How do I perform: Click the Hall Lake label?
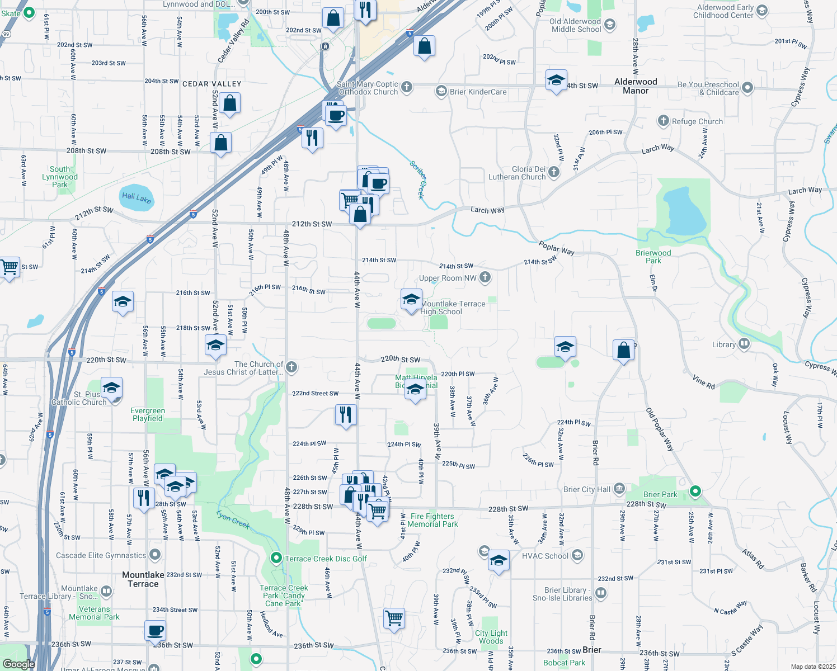[136, 198]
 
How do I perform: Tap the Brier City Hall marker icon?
[619, 489]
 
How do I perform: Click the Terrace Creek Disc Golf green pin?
[276, 558]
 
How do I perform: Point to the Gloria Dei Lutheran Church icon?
[554, 172]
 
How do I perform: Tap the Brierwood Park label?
[653, 257]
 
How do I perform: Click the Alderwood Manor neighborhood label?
[636, 86]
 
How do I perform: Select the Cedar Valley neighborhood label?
[211, 84]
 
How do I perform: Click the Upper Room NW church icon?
[485, 277]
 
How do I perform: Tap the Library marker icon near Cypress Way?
[744, 344]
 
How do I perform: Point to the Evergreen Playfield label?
[148, 414]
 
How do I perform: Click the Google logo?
[18, 664]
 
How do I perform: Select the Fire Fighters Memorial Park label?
[432, 520]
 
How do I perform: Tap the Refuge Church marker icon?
[663, 121]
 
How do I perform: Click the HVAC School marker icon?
[577, 555]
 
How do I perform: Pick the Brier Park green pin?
[695, 492]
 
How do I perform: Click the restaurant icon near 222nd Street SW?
[346, 414]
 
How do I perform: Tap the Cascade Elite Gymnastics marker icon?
[155, 555]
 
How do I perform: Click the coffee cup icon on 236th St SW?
[155, 631]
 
